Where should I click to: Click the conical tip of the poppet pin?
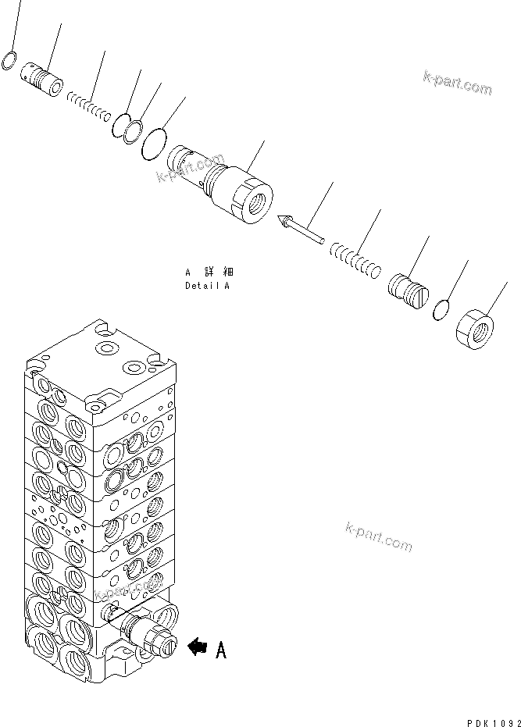click(x=280, y=222)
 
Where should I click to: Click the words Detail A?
click(x=207, y=286)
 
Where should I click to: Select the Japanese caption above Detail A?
click(x=209, y=273)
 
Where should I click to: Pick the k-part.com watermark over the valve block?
click(x=125, y=597)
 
